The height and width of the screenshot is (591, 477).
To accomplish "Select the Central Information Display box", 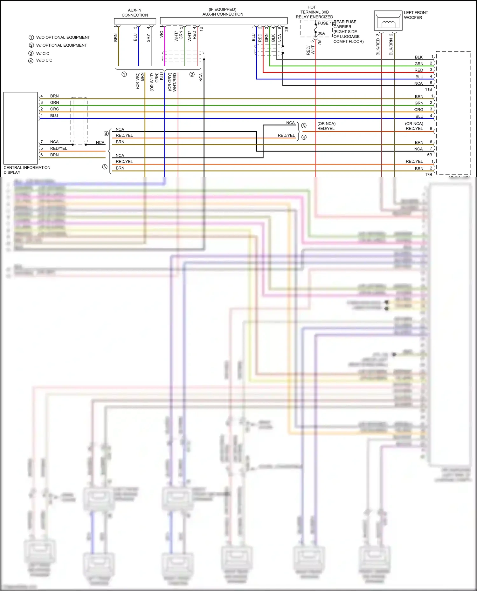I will [20, 128].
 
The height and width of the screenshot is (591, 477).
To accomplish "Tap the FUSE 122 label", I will [327, 23].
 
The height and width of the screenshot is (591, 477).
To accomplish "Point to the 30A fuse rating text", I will [321, 33].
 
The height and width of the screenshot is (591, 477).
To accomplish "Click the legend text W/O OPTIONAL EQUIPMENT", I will [63, 37].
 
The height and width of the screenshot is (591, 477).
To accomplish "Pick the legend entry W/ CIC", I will [43, 54].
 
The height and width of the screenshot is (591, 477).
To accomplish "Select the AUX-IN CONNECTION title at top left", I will [135, 13].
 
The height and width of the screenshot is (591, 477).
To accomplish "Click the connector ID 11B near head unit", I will [428, 90].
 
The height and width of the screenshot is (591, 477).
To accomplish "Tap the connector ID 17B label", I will [428, 175].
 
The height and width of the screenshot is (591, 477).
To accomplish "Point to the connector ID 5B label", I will [429, 155].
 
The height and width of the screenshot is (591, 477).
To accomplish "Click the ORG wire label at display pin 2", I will [54, 109].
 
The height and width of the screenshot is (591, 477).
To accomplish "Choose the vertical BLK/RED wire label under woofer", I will [378, 47].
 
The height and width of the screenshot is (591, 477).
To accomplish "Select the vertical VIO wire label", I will [162, 34].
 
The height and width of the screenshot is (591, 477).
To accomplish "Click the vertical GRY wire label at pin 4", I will [148, 38].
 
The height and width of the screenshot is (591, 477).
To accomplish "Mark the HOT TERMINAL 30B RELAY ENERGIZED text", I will [314, 12].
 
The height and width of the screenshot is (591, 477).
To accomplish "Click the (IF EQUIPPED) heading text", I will [222, 10].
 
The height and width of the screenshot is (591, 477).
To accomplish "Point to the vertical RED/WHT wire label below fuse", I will [310, 50].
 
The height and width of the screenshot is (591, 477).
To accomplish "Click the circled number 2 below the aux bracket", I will [192, 75].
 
